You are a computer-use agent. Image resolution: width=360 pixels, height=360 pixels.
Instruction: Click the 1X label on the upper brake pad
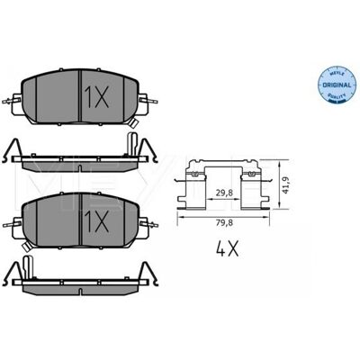[x=97, y=97]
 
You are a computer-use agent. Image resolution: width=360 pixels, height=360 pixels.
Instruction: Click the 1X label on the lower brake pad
[x=97, y=221]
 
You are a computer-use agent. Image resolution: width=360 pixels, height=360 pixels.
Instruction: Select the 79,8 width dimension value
[x=223, y=222]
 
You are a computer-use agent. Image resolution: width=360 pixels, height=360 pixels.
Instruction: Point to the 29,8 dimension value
[x=225, y=193]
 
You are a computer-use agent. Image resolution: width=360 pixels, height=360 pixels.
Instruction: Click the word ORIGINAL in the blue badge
[x=337, y=85]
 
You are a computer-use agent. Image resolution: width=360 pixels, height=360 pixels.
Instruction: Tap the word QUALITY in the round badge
[x=337, y=95]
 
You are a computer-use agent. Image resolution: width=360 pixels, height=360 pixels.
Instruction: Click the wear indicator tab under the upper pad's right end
[x=133, y=122]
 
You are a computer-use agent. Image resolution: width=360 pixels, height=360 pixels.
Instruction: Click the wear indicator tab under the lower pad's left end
[x=27, y=247]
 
